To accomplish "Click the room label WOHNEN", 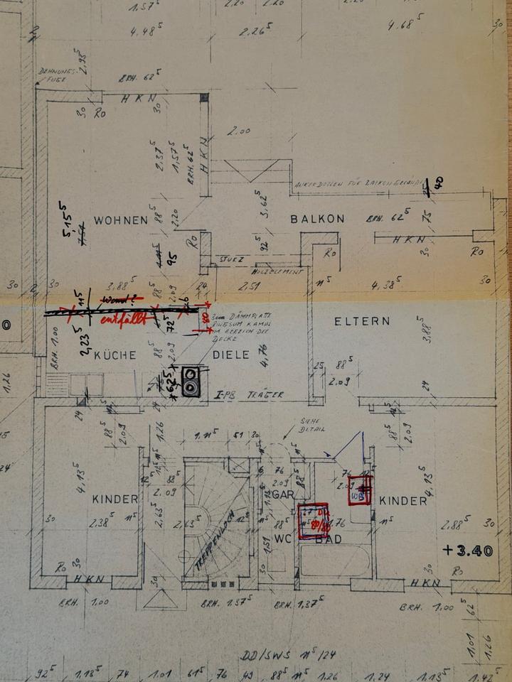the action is point(120,220).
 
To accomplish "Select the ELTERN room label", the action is point(363,322).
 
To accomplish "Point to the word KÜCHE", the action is point(115,355).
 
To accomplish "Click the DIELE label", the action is point(231,355).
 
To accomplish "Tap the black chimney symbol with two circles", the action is point(191,381).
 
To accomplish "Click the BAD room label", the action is point(329,540).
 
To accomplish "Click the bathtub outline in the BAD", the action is point(334,561).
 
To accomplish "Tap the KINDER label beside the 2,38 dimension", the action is point(114,499).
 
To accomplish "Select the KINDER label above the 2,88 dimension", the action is point(403,501).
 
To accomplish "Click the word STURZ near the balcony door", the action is point(232,261).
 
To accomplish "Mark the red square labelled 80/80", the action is point(313,521).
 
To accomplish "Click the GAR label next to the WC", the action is point(282,493).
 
